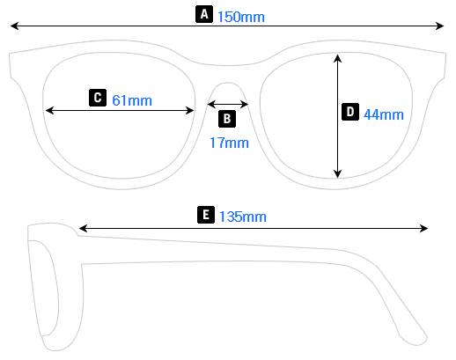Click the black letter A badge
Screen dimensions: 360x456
coord(204,14)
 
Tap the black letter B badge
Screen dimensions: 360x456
coord(227,118)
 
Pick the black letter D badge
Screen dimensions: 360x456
coord(349,112)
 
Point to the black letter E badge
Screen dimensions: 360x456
coord(205,214)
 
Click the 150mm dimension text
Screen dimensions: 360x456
coord(240,17)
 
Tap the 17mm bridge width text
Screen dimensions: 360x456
coord(229,142)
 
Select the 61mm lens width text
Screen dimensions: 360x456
coord(132,100)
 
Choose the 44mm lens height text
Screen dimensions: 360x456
coord(384,114)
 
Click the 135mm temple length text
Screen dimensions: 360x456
coord(243,217)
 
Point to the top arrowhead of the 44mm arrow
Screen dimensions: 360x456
coord(337,57)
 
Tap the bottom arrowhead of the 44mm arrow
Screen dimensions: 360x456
coord(337,174)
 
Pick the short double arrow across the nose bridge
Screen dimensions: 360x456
coord(227,104)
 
